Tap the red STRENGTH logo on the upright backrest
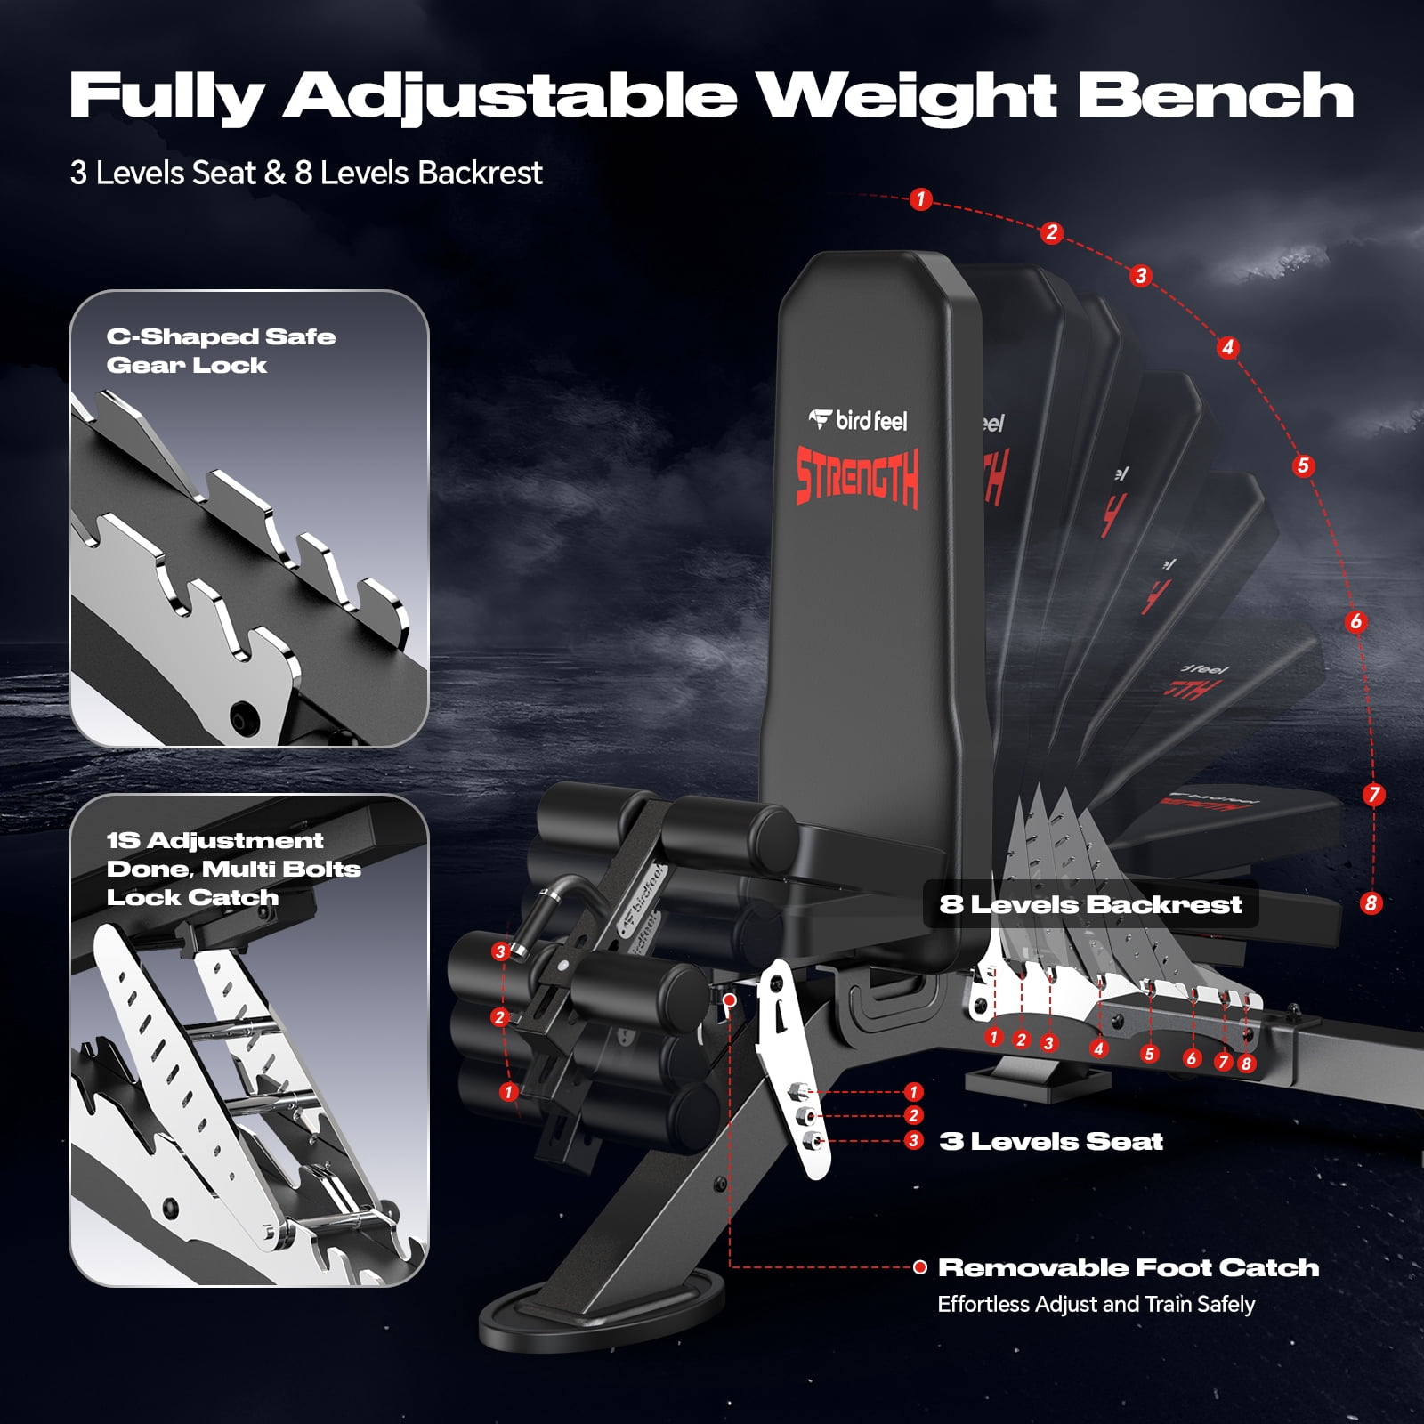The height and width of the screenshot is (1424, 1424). (x=857, y=477)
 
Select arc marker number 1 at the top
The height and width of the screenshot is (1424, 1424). (x=920, y=199)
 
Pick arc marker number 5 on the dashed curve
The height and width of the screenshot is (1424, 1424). (x=1303, y=465)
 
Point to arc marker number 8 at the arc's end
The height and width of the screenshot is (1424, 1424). (x=1371, y=903)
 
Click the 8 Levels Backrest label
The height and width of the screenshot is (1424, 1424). (x=1090, y=904)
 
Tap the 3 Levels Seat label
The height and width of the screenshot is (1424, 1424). (x=1051, y=1141)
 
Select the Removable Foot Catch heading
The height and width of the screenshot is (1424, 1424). (x=1128, y=1267)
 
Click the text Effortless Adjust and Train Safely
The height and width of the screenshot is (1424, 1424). (x=1096, y=1304)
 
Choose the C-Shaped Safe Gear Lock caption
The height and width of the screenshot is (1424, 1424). (x=220, y=351)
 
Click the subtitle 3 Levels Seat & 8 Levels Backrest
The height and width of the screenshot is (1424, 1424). (x=306, y=173)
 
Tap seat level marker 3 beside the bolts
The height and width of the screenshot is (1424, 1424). (x=913, y=1140)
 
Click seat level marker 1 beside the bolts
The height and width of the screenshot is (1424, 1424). (x=913, y=1092)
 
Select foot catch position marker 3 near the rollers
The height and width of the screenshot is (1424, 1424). (x=500, y=951)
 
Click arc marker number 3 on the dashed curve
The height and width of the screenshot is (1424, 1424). (x=1141, y=276)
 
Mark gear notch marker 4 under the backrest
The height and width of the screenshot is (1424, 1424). (x=1098, y=1048)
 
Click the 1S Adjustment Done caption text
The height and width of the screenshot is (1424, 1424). (x=233, y=869)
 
